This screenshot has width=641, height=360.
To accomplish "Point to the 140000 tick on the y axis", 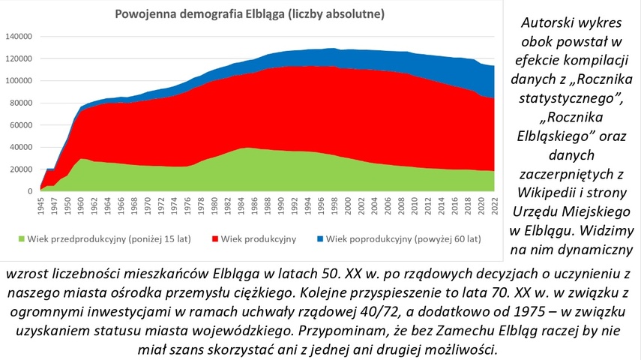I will [18, 36].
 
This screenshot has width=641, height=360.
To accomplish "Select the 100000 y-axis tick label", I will [18, 80].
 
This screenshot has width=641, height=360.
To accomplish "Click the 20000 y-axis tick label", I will [20, 169].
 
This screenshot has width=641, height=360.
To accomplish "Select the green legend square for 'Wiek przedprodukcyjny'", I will [21, 239].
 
